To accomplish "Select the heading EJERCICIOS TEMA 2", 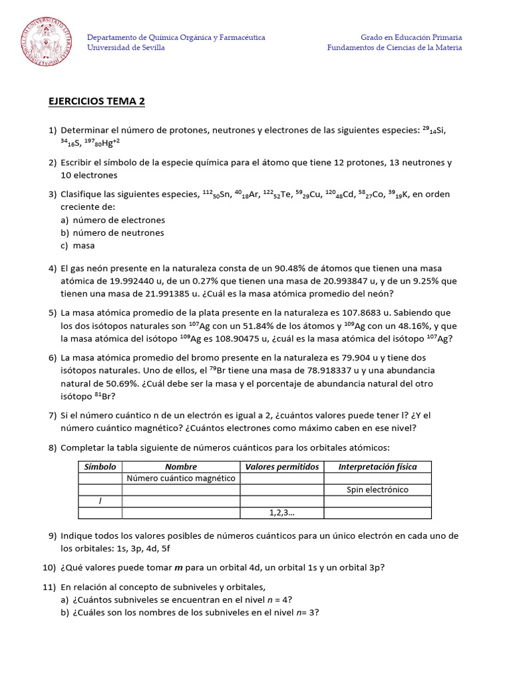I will [x=96, y=102].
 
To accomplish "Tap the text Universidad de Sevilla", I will [x=126, y=48].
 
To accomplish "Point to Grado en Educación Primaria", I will [x=411, y=37].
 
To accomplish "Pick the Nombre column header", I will [x=181, y=467].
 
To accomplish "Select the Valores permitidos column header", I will [x=282, y=467].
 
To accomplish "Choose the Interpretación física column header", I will [x=377, y=467].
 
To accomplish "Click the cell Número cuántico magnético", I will [x=181, y=478].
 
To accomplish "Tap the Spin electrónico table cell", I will [x=377, y=490].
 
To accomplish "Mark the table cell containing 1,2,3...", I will [x=282, y=512].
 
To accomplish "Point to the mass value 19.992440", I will [x=126, y=281].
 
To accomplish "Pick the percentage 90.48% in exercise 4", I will [x=289, y=268].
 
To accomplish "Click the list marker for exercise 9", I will [x=53, y=536].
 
